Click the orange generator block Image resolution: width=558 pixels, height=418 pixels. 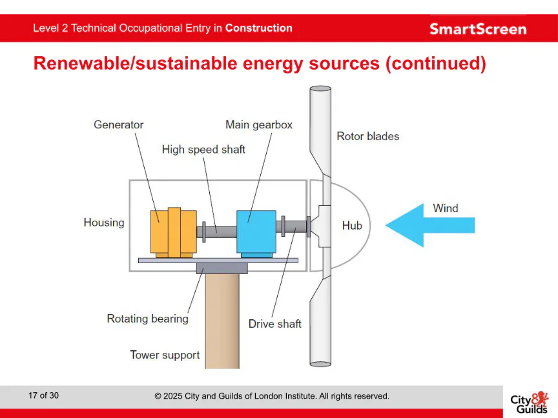173,232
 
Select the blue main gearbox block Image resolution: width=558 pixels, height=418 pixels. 256,232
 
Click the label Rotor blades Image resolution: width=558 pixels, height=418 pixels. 367,136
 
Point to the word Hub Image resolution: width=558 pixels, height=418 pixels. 352,226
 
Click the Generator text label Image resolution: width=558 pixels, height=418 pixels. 118,124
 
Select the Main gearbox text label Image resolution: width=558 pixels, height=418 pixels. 258,124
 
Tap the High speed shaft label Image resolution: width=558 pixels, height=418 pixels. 203,150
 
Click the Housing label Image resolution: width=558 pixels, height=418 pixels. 104,223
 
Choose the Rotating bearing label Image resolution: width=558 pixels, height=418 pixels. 147,319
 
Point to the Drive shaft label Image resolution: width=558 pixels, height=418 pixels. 274,324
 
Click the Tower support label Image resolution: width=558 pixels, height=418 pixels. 165,355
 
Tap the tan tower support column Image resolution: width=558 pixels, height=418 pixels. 222,323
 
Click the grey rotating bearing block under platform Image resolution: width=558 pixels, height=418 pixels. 222,268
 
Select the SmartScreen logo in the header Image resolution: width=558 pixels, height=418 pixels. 478,29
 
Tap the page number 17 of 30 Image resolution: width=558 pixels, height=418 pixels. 43,395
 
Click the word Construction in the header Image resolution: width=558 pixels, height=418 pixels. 258,28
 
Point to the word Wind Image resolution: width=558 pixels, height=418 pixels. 445,208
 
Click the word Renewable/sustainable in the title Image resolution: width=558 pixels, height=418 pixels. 136,64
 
